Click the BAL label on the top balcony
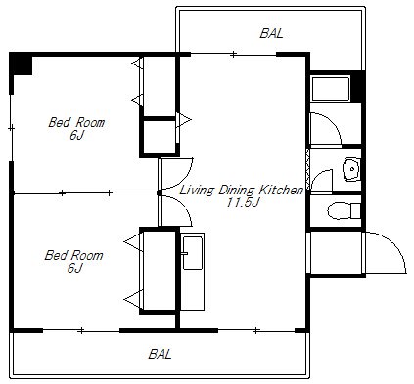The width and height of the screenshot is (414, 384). point(271,34)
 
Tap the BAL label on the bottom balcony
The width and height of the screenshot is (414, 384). point(160,354)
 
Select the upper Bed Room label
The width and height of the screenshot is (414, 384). point(76,122)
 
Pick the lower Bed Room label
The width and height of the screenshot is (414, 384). point(73,255)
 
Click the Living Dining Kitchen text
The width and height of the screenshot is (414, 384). point(242,190)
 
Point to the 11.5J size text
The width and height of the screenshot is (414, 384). point(243,203)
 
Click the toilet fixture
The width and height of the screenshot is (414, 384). point(344,211)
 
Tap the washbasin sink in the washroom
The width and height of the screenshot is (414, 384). point(351,169)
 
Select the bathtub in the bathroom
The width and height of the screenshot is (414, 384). point(331,89)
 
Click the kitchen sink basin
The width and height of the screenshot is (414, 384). point(193,253)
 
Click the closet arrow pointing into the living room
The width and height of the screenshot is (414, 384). point(184,120)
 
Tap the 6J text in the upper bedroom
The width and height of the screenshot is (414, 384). point(77,135)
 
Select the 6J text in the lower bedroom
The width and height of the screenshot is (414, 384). point(74,268)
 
